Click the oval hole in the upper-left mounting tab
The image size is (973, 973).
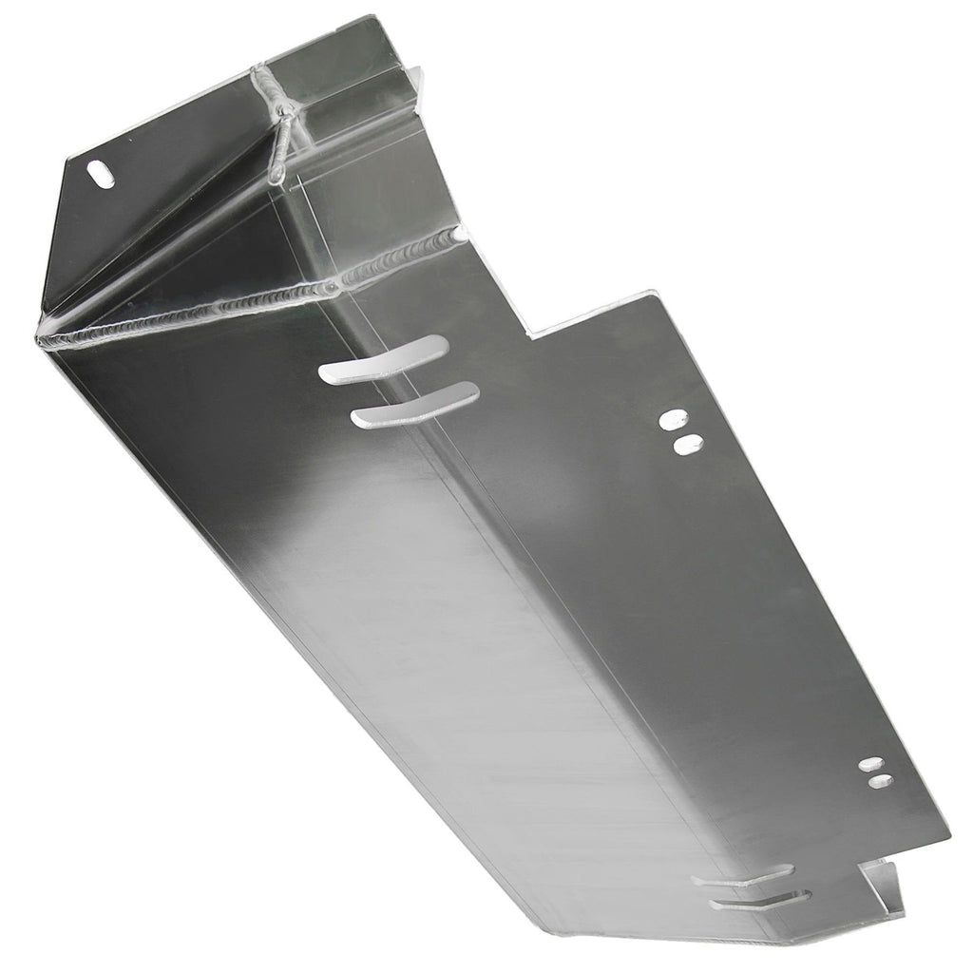tap(99, 172)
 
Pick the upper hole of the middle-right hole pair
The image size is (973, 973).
tap(677, 417)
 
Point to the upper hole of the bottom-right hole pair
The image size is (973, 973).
tap(871, 764)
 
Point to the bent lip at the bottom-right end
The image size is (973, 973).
tap(879, 884)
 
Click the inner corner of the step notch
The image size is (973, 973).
tap(532, 334)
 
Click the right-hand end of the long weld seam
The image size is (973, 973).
tap(460, 231)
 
